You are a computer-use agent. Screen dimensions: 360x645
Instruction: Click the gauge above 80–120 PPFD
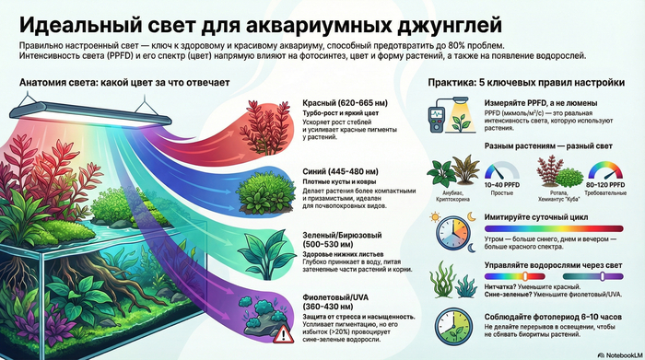coord(604,174)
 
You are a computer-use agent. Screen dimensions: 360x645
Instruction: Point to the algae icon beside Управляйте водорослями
coord(446,277)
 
